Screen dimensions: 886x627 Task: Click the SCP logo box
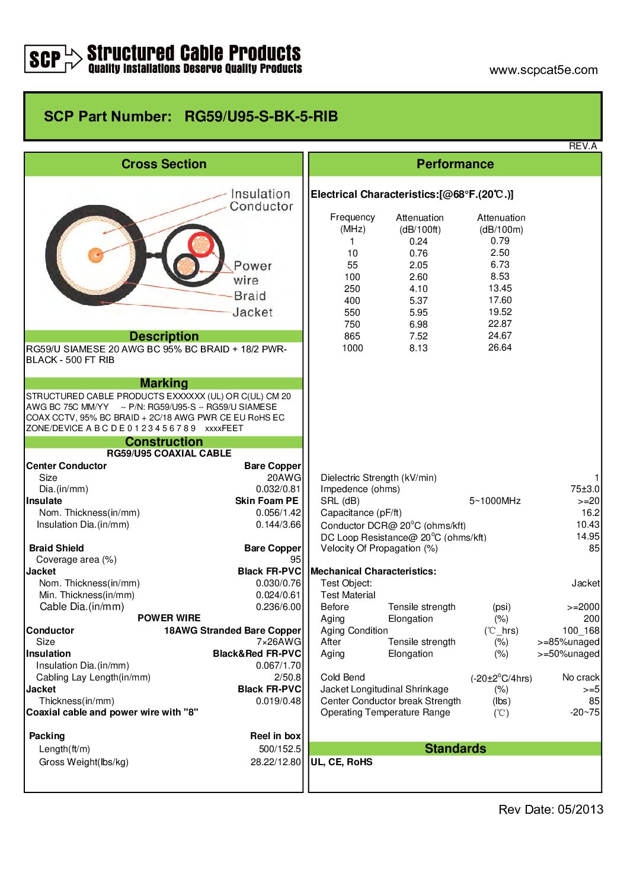point(45,59)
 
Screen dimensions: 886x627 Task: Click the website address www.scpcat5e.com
point(543,70)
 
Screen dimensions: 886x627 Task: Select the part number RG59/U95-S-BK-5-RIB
point(261,116)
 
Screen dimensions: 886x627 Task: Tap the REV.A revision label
point(583,146)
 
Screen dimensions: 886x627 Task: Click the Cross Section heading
point(164,164)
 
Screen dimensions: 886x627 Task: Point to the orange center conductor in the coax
point(95,255)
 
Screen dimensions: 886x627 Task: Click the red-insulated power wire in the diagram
point(201,244)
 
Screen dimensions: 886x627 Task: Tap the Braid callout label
point(249,296)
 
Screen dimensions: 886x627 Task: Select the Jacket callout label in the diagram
point(252,312)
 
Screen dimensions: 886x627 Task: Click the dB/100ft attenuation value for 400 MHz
point(418,300)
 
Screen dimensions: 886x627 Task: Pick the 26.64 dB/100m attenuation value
point(500,348)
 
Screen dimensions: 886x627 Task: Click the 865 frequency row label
point(352,336)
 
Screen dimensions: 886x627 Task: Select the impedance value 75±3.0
point(584,489)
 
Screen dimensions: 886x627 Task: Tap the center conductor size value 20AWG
point(284,477)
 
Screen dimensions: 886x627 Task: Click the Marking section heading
point(164,383)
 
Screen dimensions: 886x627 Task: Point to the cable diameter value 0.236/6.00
point(278,606)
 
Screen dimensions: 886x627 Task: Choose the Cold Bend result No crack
point(580,677)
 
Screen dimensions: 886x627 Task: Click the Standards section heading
point(455,749)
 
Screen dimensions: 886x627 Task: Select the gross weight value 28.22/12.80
point(276,762)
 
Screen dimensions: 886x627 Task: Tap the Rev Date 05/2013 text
point(551,810)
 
